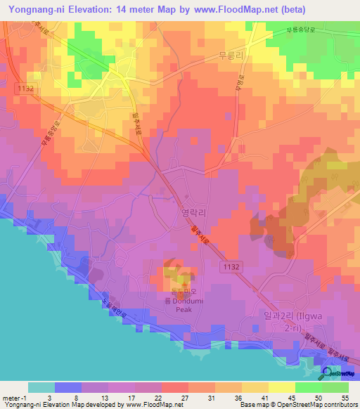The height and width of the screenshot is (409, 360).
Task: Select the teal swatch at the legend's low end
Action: [x=41, y=387]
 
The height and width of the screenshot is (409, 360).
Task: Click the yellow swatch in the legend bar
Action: [x=281, y=387]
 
